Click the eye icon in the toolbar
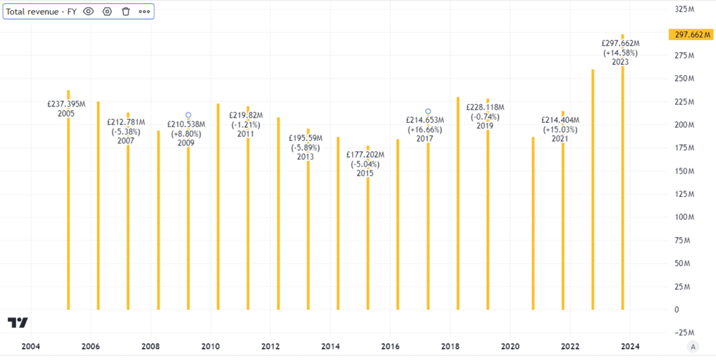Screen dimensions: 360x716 click(88, 11)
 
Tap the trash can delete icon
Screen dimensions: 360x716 click(125, 11)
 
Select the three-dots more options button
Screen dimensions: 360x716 click(144, 11)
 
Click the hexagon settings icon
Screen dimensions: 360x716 click(107, 11)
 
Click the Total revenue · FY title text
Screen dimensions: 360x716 click(41, 11)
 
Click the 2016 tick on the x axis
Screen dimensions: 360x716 click(390, 346)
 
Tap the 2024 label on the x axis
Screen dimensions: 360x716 click(630, 346)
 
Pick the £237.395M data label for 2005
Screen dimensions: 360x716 click(66, 104)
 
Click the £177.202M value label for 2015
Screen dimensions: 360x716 click(365, 155)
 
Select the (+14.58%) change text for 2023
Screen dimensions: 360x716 click(621, 53)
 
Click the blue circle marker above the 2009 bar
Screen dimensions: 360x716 click(188, 115)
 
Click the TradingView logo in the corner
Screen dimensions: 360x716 click(17, 323)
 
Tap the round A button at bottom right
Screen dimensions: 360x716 click(693, 346)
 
